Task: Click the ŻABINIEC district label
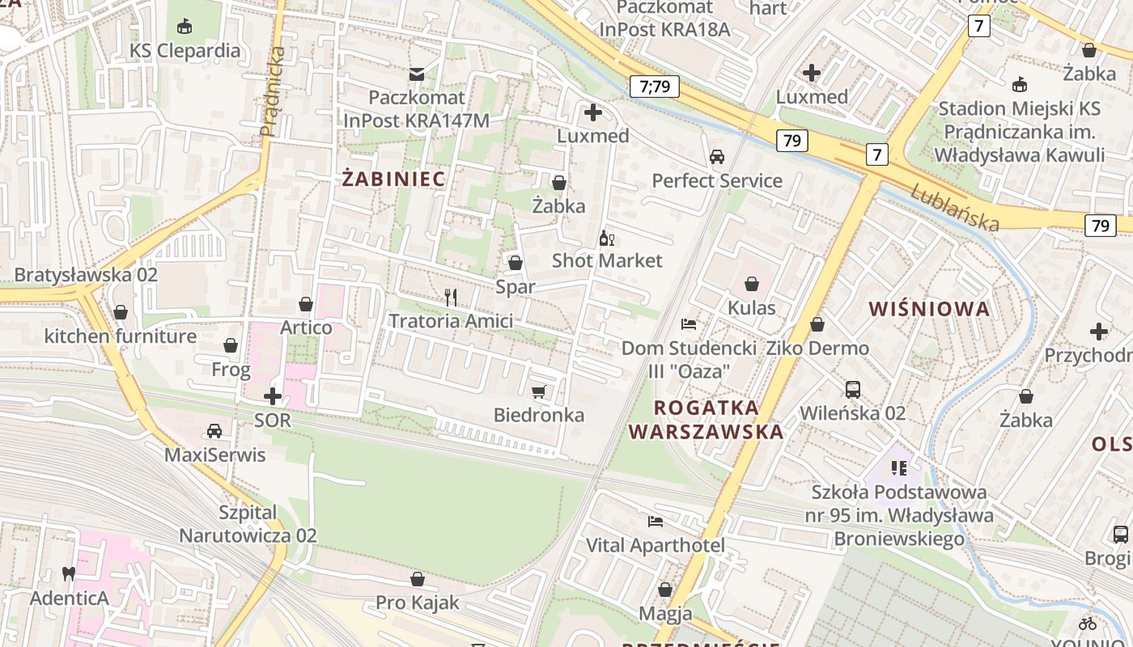[x=393, y=179]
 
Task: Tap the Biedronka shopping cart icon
[x=539, y=392]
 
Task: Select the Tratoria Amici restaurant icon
[x=451, y=298]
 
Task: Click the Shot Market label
[x=607, y=260]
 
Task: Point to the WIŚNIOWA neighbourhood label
[x=929, y=308]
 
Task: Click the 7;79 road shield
[x=654, y=87]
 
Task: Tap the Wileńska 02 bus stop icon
[x=853, y=390]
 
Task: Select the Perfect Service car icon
[x=717, y=157]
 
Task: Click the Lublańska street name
[x=955, y=205]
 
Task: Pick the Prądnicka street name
[x=273, y=91]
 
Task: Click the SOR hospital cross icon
[x=273, y=396]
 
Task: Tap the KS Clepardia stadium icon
[x=185, y=27]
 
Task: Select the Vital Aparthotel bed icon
[x=656, y=522]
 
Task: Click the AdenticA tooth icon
[x=69, y=574]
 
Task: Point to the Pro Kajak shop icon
[x=418, y=579]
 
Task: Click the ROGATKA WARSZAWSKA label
[x=706, y=419]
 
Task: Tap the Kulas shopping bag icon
[x=752, y=284]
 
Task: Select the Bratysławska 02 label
[x=86, y=274]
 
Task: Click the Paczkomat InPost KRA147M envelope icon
[x=417, y=74]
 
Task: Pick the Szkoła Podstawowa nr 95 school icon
[x=898, y=467]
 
